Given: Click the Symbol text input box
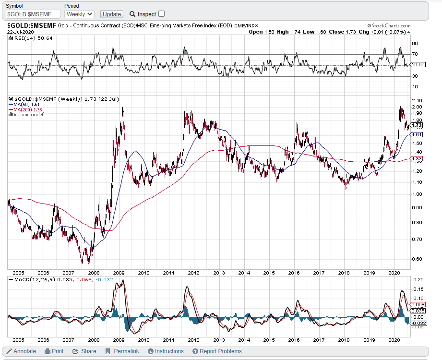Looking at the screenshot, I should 33,14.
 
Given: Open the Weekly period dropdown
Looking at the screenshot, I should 80,14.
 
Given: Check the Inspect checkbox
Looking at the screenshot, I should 161,14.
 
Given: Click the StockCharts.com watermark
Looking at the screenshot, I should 389,25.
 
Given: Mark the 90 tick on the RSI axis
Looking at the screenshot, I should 414,43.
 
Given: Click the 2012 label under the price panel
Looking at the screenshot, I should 194,273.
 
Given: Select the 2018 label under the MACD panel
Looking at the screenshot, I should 344,340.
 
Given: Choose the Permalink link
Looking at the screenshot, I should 122,351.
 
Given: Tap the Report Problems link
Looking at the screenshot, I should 217,351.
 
